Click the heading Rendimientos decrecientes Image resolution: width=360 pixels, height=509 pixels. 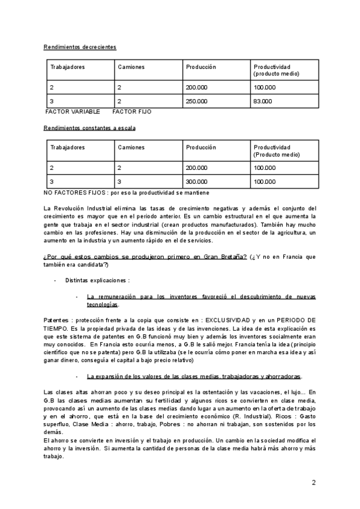pos(80,47)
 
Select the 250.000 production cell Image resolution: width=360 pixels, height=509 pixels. pos(197,101)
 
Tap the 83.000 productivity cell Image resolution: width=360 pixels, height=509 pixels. pos(263,101)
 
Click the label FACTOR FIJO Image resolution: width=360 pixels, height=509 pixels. pos(132,112)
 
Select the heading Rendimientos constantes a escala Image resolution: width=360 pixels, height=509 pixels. pos(89,128)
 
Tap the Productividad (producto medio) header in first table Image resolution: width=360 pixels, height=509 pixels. pos(277,70)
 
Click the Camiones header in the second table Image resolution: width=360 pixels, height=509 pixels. pos(131,147)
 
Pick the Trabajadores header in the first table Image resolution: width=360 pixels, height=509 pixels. pos(68,66)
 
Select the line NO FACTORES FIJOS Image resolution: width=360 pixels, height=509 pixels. pos(127,193)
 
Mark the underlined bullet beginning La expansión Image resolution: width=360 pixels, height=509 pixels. pos(194,376)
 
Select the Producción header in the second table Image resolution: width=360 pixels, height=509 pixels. pos(201,147)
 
